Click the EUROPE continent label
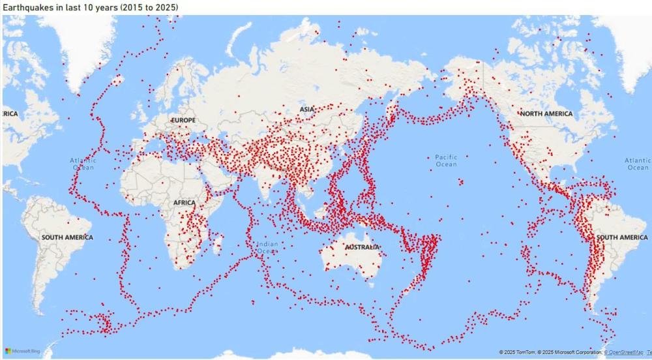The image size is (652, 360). (x=183, y=121)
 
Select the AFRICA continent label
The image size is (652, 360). (x=185, y=203)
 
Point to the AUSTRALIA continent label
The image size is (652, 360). (x=362, y=248)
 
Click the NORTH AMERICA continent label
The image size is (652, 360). (x=546, y=113)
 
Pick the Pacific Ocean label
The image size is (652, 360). (x=447, y=160)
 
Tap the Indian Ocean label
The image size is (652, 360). (x=267, y=248)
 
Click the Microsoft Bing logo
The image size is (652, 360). (x=23, y=352)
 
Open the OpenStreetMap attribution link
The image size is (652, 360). (x=624, y=352)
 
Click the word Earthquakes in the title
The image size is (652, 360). (x=26, y=7)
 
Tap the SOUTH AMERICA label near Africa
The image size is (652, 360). (x=67, y=237)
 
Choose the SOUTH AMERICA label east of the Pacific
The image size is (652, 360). (x=622, y=237)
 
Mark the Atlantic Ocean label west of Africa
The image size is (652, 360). (x=83, y=164)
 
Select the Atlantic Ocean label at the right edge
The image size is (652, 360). (x=638, y=164)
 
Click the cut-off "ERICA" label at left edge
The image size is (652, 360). (x=9, y=113)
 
